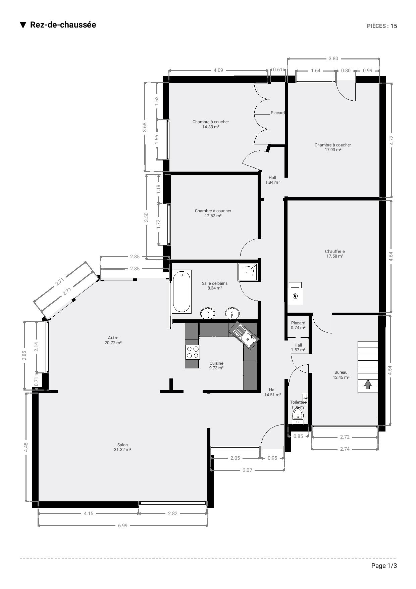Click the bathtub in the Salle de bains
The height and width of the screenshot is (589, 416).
(181, 291)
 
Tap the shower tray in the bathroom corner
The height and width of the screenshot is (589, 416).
(248, 272)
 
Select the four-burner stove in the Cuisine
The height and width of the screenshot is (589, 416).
(193, 352)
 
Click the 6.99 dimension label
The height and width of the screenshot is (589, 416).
(123, 526)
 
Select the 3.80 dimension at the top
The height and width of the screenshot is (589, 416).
(333, 58)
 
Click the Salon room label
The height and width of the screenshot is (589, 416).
(122, 447)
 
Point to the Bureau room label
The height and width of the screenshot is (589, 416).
(341, 375)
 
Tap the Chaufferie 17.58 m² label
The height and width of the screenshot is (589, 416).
(335, 254)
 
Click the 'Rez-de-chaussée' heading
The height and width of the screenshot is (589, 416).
(63, 25)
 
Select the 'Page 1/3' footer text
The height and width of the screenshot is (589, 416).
(384, 566)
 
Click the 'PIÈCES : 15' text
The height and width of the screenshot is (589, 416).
(382, 26)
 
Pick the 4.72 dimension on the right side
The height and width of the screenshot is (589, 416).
(391, 140)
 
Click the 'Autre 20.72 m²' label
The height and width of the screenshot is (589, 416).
(113, 340)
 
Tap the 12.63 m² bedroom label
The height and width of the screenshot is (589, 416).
(213, 213)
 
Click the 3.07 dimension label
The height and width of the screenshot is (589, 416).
(247, 470)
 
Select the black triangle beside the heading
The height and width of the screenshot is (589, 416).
(23, 25)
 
